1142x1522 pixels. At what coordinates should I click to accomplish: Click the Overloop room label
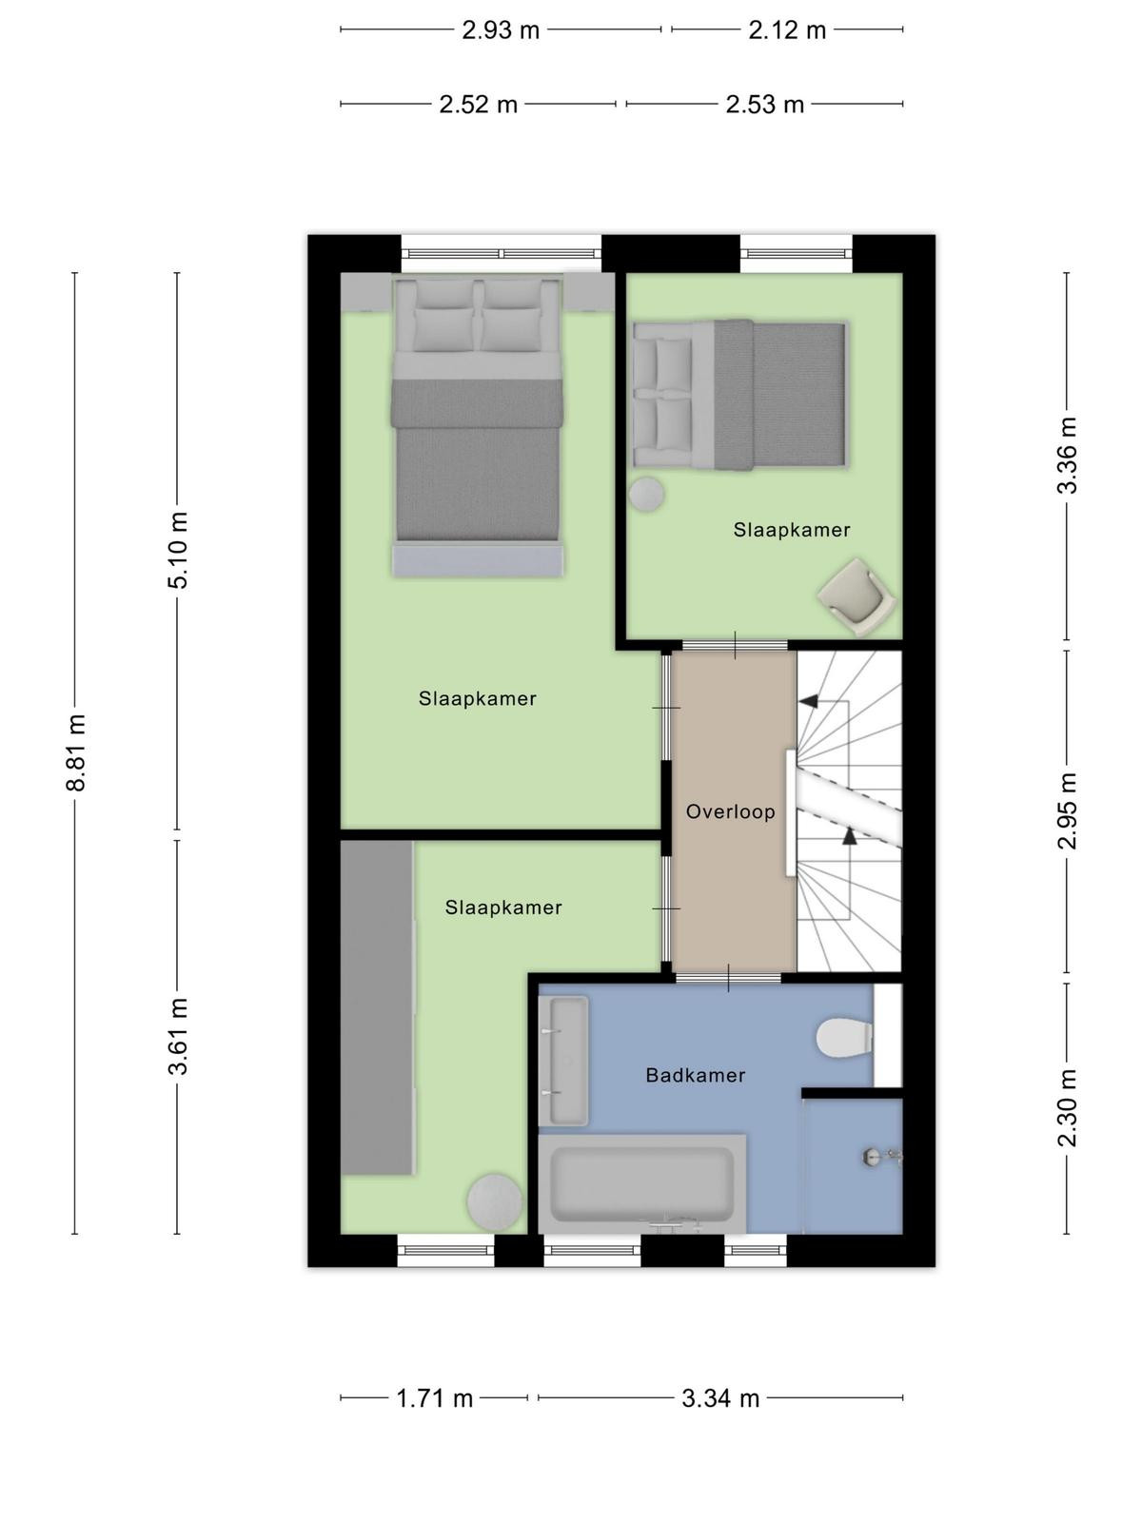tap(730, 811)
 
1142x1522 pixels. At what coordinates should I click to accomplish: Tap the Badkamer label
tap(696, 1076)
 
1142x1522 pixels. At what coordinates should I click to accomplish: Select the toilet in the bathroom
tap(844, 1038)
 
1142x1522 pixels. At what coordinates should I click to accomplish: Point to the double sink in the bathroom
tap(563, 1061)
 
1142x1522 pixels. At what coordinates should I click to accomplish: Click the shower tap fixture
tap(883, 1156)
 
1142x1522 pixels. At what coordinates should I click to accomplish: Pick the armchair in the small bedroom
tap(857, 597)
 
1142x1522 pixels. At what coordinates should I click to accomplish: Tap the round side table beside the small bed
tap(646, 495)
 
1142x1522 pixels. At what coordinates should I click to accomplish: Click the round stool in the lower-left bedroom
tap(494, 1200)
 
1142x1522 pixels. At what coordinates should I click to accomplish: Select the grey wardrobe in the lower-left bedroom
tap(377, 1008)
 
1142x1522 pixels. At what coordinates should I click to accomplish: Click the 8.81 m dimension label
tap(75, 753)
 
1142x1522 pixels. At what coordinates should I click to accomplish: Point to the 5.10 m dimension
tap(178, 551)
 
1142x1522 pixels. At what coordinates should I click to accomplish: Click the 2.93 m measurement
tap(501, 30)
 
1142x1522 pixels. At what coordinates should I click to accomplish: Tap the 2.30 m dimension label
tap(1067, 1108)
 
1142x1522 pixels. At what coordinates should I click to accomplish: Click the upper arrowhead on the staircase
tap(808, 702)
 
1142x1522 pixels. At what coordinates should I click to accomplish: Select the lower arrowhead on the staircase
tap(850, 835)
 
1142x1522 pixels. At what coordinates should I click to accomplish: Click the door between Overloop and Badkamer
tap(729, 978)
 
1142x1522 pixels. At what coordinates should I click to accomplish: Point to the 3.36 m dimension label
tap(1067, 456)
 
